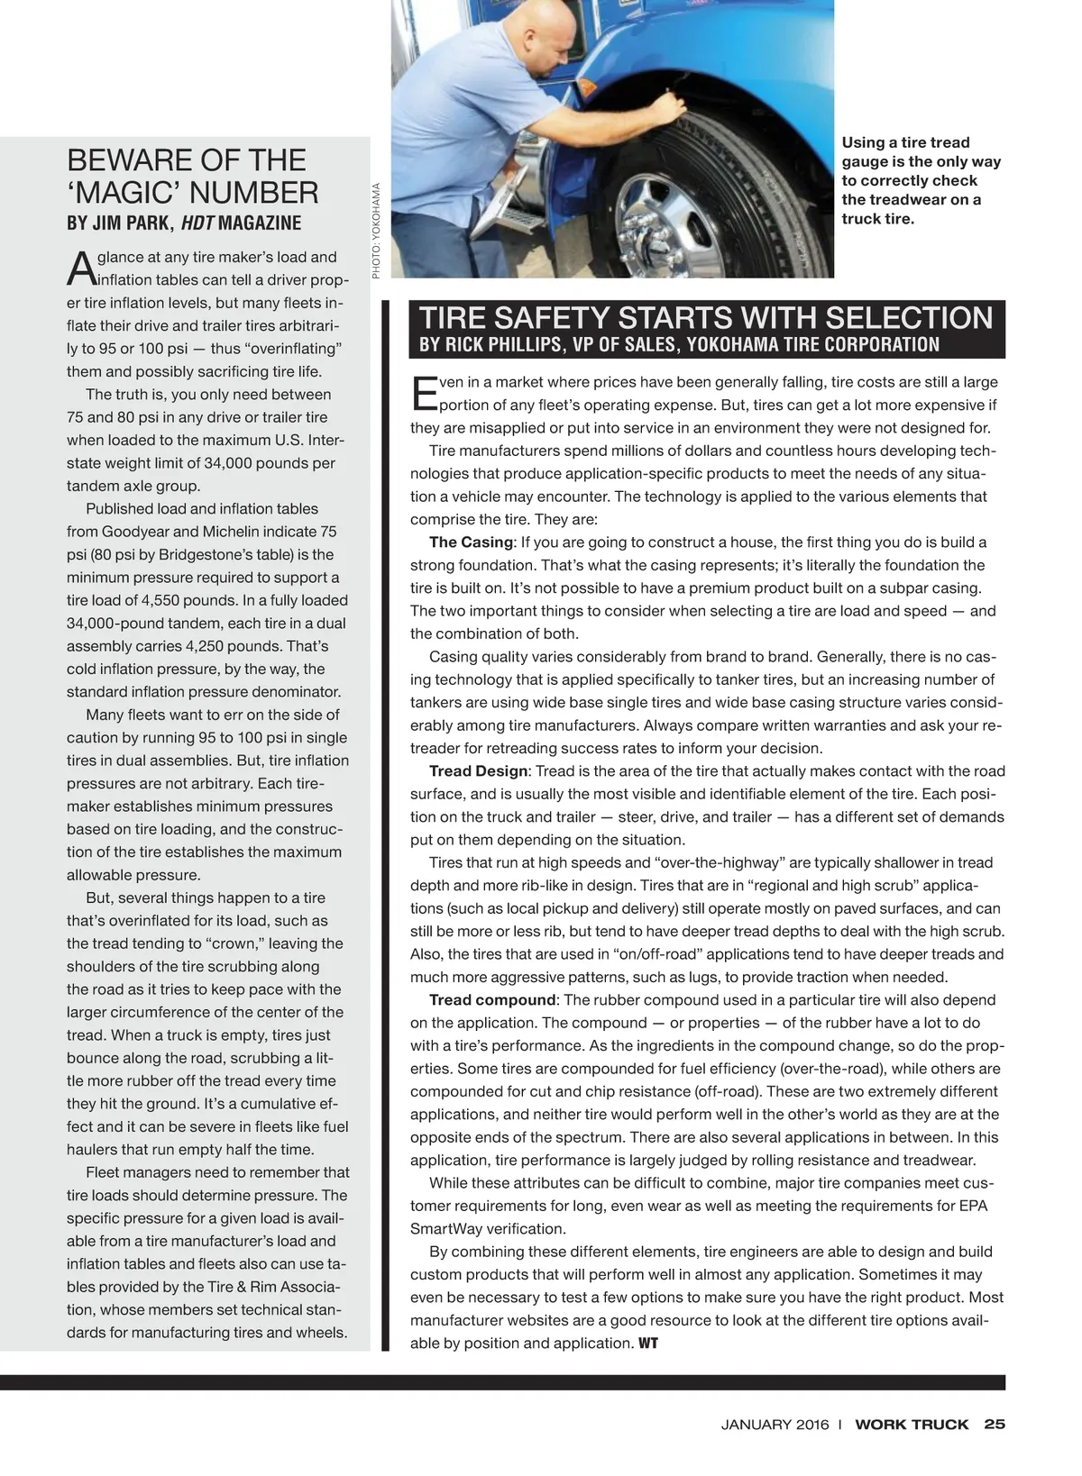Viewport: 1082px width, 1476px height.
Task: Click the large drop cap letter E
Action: click(x=423, y=393)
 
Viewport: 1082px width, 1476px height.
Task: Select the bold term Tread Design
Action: click(x=478, y=771)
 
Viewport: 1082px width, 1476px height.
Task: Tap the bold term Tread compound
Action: click(x=492, y=1000)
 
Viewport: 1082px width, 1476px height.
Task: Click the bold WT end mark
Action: click(x=648, y=1344)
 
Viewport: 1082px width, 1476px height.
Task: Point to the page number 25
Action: click(x=995, y=1425)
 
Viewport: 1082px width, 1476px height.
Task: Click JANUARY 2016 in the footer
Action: click(x=775, y=1426)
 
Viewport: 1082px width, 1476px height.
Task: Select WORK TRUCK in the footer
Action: click(x=912, y=1426)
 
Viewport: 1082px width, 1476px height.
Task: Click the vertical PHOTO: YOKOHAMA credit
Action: click(x=377, y=229)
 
